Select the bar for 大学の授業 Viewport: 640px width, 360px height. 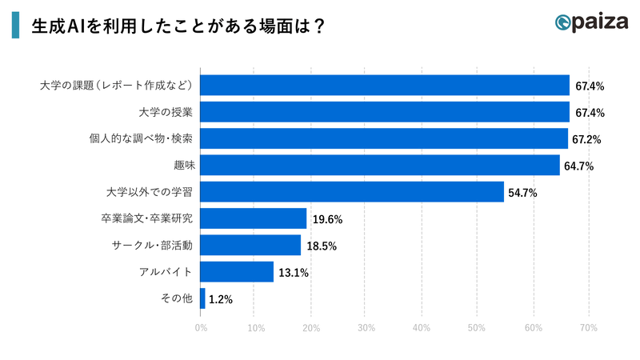pyautogui.click(x=384, y=112)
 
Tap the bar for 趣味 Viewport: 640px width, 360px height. pyautogui.click(x=379, y=166)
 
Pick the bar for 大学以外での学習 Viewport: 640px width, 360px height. pyautogui.click(x=351, y=192)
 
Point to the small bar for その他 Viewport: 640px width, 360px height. pyautogui.click(x=202, y=299)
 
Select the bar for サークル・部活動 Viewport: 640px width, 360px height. pyautogui.click(x=250, y=246)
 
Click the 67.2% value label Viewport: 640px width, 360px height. pyautogui.click(x=586, y=139)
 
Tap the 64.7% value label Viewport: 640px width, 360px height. pyautogui.click(x=578, y=166)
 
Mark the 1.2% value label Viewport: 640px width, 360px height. pyautogui.click(x=221, y=300)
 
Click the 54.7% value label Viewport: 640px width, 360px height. pyautogui.click(x=522, y=193)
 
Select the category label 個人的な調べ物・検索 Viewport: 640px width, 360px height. pyautogui.click(x=141, y=138)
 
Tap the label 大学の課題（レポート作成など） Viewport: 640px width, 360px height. pyautogui.click(x=119, y=85)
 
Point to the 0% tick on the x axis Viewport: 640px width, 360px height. pyautogui.click(x=200, y=328)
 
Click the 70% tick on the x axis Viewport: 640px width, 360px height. pyautogui.click(x=587, y=328)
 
